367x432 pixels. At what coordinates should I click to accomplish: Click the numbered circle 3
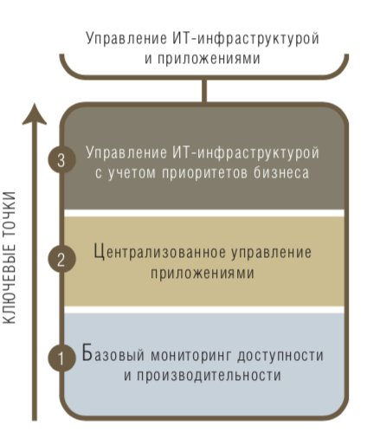tap(61, 159)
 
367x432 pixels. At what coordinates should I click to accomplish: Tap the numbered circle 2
tap(61, 259)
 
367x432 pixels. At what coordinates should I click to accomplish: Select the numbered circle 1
tap(61, 358)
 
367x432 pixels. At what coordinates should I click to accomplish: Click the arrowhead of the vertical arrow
tap(35, 114)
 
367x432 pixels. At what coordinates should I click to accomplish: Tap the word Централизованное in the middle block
tap(160, 252)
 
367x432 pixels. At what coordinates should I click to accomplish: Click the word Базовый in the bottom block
tap(113, 353)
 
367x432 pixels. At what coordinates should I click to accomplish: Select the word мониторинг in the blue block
tap(191, 356)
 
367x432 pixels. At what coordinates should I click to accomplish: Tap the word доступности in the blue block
tap(280, 356)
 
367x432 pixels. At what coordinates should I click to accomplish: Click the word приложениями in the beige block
tap(203, 273)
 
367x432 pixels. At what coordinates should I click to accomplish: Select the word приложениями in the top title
tap(209, 59)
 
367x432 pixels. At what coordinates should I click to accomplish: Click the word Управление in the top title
tap(126, 39)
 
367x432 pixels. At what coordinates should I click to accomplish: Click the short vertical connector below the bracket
tap(204, 90)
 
